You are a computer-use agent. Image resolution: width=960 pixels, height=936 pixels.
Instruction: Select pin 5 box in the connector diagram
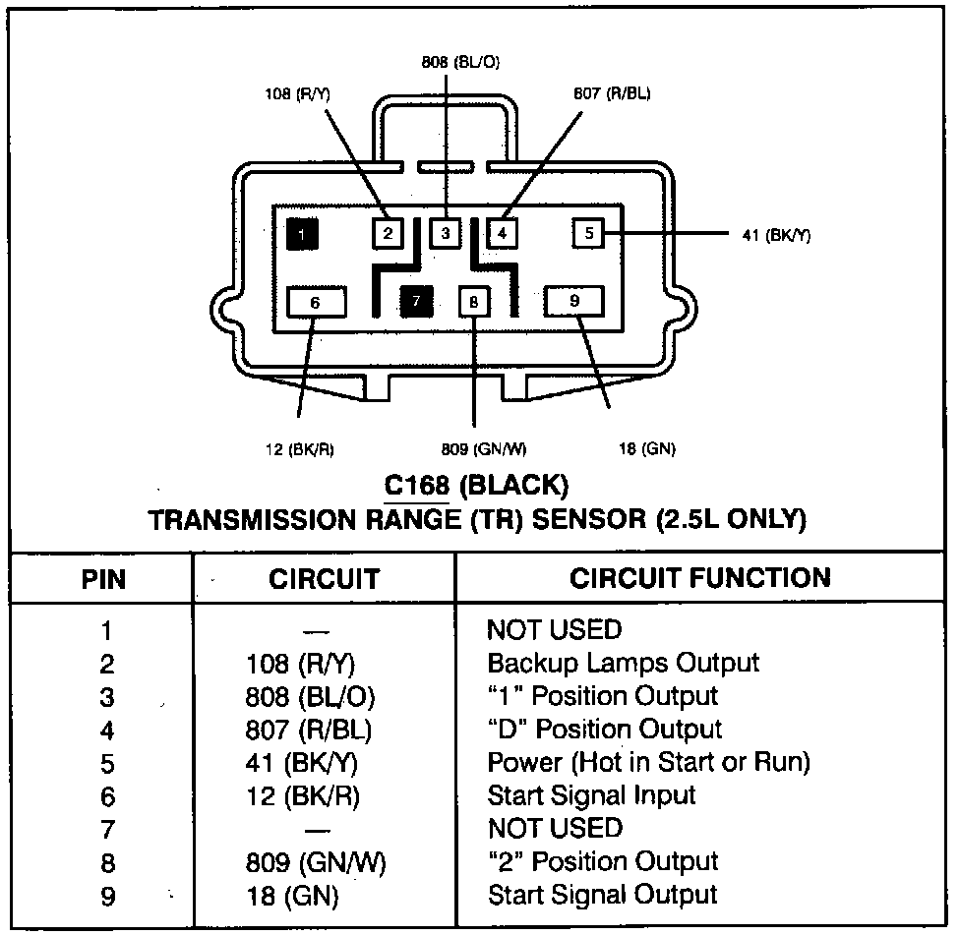(x=588, y=233)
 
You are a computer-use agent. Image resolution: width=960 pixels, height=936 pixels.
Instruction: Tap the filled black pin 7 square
(x=417, y=302)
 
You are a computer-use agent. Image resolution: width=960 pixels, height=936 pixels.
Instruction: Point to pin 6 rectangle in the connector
(x=315, y=302)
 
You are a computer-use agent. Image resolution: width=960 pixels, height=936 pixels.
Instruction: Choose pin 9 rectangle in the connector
(x=574, y=301)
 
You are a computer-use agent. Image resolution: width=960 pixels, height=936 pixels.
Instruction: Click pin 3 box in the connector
(x=446, y=233)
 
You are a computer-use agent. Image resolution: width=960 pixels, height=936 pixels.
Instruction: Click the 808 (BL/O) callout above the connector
(x=460, y=62)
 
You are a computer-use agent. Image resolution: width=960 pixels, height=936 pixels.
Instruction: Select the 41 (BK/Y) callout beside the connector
(x=776, y=235)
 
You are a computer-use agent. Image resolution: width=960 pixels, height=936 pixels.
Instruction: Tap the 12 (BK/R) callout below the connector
(x=299, y=449)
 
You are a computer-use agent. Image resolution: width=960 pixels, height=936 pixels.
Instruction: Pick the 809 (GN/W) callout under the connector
(x=484, y=449)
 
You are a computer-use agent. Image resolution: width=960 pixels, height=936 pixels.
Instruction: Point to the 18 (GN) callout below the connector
(x=646, y=449)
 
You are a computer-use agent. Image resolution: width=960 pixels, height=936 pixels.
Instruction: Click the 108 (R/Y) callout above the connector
(x=297, y=94)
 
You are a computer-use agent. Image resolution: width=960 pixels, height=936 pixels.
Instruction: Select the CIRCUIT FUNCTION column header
(x=699, y=577)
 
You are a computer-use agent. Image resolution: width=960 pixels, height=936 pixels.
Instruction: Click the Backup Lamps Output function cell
(x=623, y=663)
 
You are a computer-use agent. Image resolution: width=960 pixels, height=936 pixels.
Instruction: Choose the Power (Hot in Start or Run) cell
(x=648, y=762)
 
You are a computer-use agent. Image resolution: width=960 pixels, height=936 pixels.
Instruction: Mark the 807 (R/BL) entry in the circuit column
(x=310, y=730)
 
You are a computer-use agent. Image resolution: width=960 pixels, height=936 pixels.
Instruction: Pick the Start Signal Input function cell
(x=591, y=794)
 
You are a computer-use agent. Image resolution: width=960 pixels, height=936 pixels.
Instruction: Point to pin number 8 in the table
(x=107, y=863)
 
